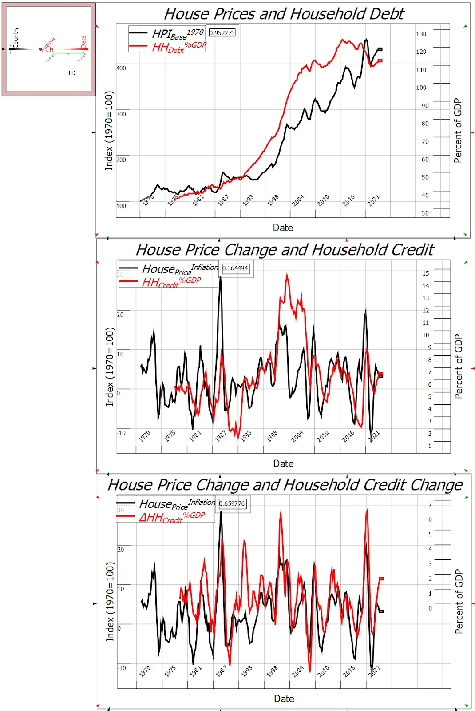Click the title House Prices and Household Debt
point(284,14)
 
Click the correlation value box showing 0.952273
point(222,33)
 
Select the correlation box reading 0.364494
point(235,268)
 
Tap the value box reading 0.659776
point(232,503)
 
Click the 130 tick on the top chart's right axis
point(421,34)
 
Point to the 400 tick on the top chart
point(121,68)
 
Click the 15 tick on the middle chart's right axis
point(426,273)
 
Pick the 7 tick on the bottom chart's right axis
point(430,505)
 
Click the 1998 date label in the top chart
point(273,200)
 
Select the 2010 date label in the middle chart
point(323,436)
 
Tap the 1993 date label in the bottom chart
point(247,671)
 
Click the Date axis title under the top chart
point(283,228)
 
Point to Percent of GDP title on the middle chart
point(459,366)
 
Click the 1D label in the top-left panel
point(71,73)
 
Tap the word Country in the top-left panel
point(16,37)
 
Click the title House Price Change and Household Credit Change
point(285,485)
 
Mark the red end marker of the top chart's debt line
point(380,60)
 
